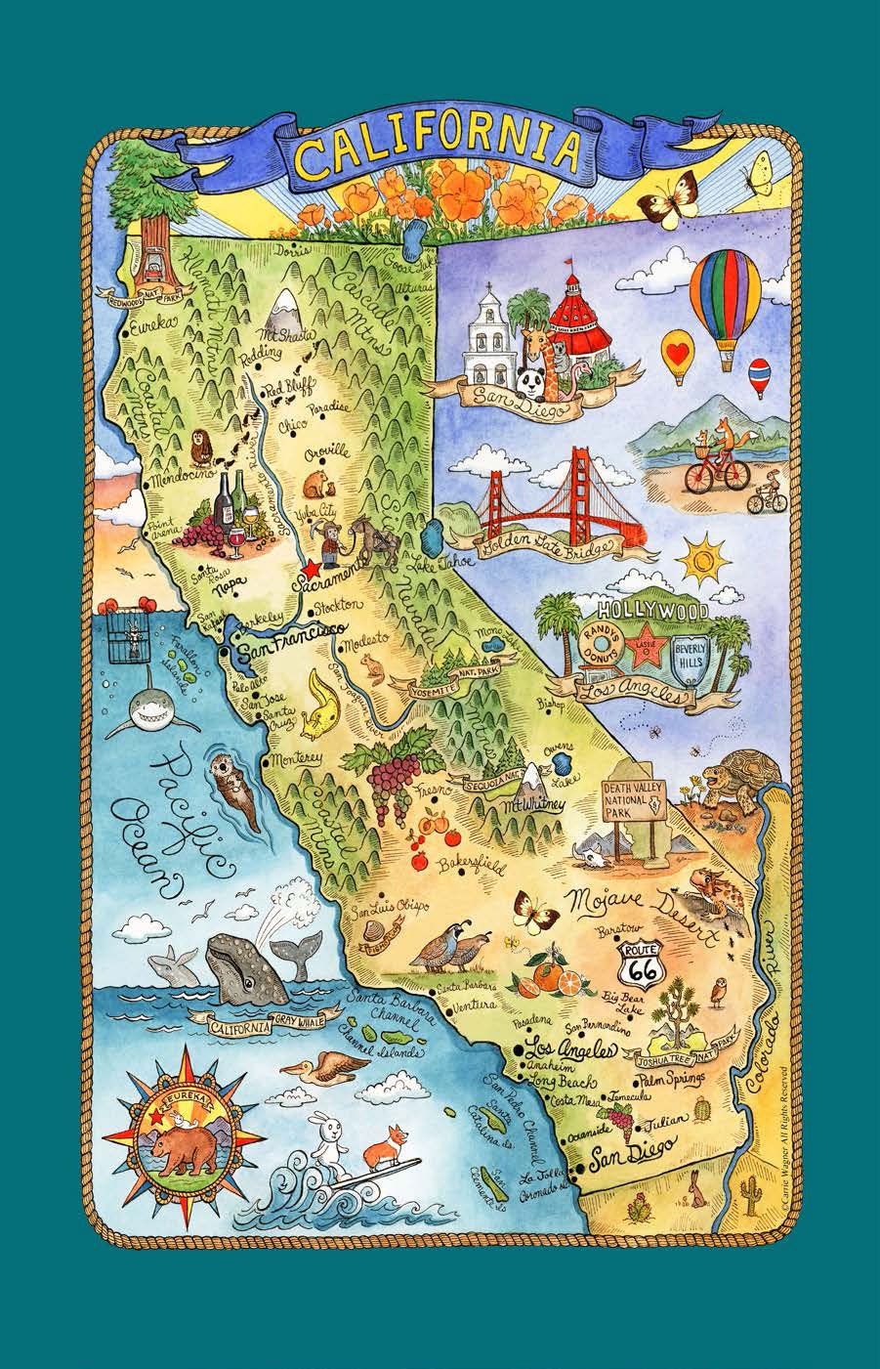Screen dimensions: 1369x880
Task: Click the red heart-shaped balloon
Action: pyautogui.click(x=676, y=346)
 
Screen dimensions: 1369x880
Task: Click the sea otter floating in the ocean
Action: pyautogui.click(x=232, y=783)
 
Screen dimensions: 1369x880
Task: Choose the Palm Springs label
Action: pyautogui.click(x=673, y=1081)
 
